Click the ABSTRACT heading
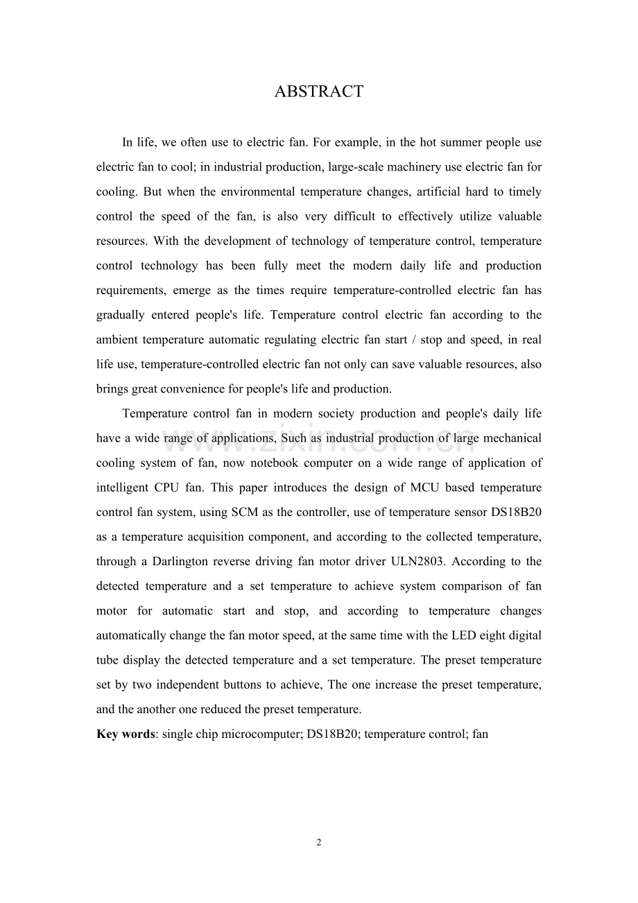[318, 92]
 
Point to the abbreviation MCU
[422, 488]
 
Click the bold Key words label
[126, 734]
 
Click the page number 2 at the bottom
[319, 843]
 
